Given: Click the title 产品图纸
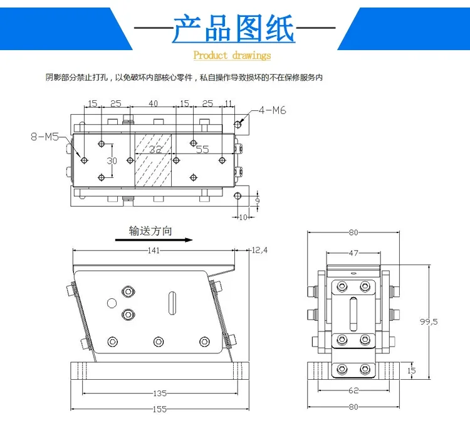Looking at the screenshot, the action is click(x=233, y=29).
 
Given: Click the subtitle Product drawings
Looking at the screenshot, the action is click(x=232, y=56).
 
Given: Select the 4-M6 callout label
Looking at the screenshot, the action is click(x=271, y=111).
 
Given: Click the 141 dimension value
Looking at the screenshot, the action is click(x=154, y=250).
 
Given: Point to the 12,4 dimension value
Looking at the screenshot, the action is click(x=259, y=250).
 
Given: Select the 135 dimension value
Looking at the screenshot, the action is click(x=159, y=394).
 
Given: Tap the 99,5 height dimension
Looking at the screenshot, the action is click(x=429, y=321).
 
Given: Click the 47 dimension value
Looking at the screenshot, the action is click(x=353, y=253).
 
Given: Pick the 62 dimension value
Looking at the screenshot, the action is click(x=353, y=390).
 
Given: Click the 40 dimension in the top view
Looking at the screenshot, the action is click(x=153, y=103).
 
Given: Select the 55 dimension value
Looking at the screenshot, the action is click(x=202, y=149).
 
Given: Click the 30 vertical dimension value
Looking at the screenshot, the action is click(x=112, y=160).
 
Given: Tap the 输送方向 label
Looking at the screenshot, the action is click(x=150, y=230).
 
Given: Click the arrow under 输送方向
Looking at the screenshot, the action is click(x=153, y=239).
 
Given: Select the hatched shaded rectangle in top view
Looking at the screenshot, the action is click(x=154, y=160).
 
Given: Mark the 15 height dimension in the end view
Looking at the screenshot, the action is click(x=410, y=370).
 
